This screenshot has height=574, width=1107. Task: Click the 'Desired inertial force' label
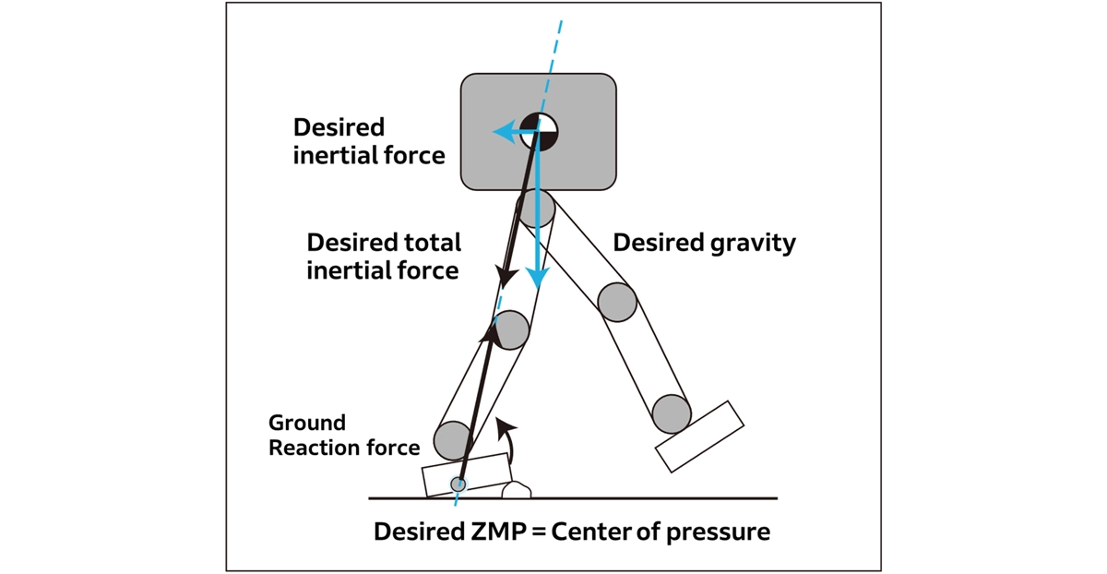coord(369,141)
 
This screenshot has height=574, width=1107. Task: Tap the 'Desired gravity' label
coord(704,244)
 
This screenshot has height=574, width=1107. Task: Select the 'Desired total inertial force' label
coord(384,257)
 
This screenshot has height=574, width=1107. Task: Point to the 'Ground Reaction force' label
coord(344,435)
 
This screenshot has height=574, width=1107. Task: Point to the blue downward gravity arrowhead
coord(537,278)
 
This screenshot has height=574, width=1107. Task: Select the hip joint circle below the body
coord(535,209)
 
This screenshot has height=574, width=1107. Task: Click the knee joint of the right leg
coord(617,301)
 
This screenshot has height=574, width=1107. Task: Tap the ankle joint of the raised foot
coord(671,413)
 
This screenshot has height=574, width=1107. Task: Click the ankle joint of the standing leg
coord(452,440)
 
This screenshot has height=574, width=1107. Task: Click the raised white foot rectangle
coord(699,437)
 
